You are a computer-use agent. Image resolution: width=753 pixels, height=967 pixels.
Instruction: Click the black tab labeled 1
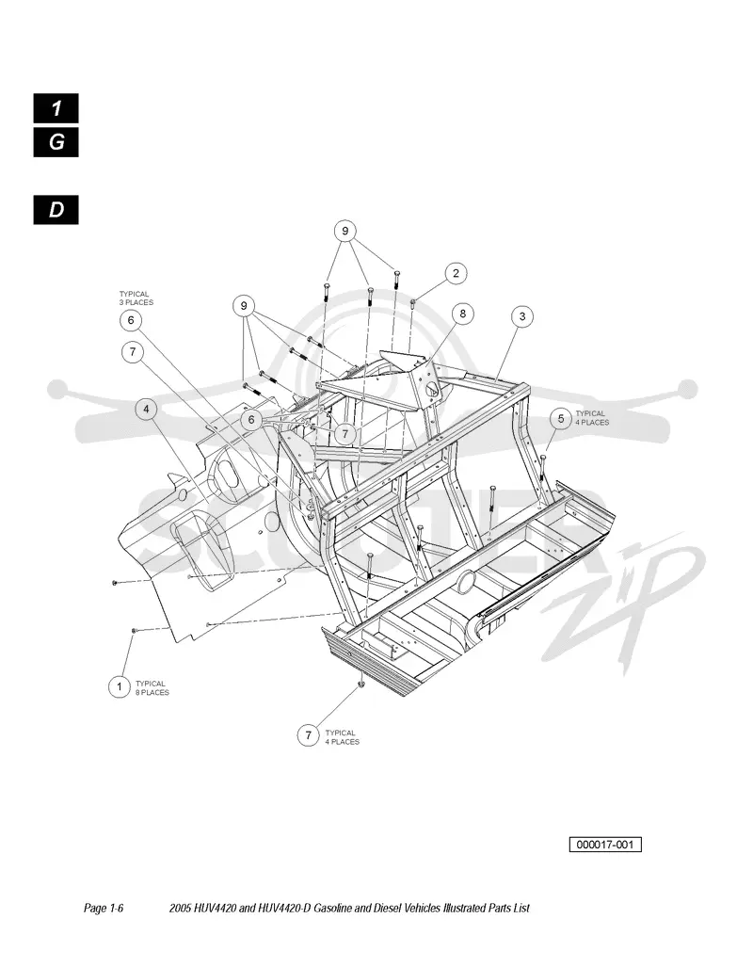coord(56,108)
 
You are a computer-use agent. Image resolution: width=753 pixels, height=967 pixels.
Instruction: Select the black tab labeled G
coord(56,142)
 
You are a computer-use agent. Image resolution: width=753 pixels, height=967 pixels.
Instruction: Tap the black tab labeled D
coord(56,210)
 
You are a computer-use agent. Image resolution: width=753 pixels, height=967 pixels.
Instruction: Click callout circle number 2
coord(456,273)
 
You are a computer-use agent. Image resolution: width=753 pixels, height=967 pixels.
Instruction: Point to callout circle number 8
coord(462,314)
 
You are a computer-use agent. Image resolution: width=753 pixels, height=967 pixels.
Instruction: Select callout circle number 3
coord(522,316)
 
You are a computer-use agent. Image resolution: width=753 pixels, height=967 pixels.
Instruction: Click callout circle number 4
coord(146,409)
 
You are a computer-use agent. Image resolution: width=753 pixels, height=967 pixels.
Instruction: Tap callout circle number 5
coord(561,419)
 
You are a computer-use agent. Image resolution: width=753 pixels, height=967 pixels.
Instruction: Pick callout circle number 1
coord(119,686)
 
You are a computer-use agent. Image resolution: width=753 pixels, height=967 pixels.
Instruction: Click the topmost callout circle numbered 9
coord(344,232)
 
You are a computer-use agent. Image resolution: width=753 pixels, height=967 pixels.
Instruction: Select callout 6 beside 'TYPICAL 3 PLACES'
coord(131,320)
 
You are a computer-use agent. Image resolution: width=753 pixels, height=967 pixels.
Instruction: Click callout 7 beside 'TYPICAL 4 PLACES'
coord(308,735)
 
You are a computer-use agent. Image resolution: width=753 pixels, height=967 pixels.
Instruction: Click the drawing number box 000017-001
coord(605,845)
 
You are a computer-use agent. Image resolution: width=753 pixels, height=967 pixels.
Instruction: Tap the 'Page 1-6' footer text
coord(104,908)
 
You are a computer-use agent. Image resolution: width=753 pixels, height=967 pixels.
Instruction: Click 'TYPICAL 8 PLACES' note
coord(152,687)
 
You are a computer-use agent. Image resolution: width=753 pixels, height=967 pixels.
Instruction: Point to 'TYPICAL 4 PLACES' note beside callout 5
coord(592,418)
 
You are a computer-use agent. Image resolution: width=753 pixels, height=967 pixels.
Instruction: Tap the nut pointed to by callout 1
coord(134,630)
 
